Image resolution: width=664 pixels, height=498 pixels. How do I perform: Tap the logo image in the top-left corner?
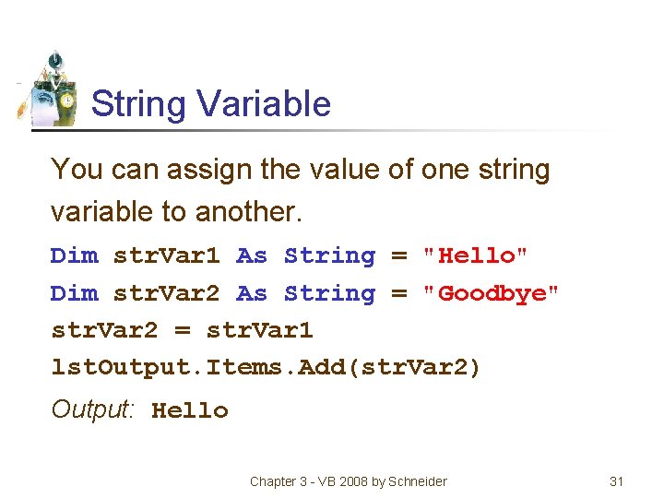(x=51, y=89)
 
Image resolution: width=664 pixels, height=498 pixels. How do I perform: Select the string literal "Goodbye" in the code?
(x=490, y=293)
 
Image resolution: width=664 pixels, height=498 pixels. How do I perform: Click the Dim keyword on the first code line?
(x=74, y=255)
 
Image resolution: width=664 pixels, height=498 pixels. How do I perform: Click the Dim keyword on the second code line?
(x=74, y=293)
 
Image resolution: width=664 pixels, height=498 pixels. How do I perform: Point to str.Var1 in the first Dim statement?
(x=167, y=255)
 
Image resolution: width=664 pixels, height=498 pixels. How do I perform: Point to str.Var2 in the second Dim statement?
(x=167, y=293)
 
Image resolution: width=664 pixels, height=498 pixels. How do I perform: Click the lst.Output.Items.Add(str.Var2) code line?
(x=266, y=368)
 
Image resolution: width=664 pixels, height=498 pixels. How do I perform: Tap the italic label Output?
(x=93, y=409)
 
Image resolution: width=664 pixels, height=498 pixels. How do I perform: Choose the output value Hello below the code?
(x=190, y=410)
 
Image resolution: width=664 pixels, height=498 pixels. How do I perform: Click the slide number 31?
(x=617, y=481)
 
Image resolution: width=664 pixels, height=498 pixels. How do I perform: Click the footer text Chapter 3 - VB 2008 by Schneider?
(x=348, y=481)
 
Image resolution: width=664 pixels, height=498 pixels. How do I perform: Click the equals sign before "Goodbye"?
(x=399, y=293)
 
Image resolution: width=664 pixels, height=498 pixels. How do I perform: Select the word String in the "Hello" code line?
(x=330, y=255)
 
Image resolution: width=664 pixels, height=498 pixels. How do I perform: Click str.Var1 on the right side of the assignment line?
(x=260, y=330)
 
